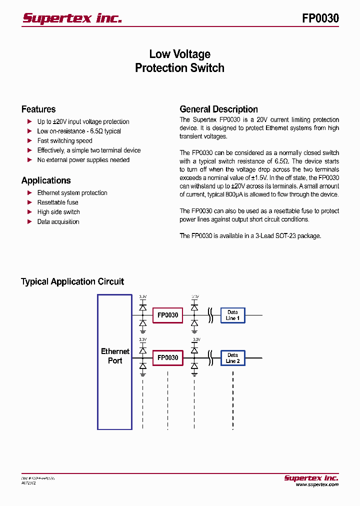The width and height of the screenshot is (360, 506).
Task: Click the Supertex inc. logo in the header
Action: coord(72,18)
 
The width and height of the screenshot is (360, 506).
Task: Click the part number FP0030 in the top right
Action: coord(320,18)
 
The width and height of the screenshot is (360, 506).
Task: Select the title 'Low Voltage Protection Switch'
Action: coord(179,61)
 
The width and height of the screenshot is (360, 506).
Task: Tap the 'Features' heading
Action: coord(38,109)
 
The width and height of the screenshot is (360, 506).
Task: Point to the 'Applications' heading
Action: coord(46,180)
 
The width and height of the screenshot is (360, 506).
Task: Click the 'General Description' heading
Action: coord(218,109)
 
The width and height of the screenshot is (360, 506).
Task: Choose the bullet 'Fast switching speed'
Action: coord(64,141)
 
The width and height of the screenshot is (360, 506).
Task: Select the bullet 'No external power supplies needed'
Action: coord(83,160)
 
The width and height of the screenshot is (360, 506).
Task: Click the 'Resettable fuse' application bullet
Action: coord(57,202)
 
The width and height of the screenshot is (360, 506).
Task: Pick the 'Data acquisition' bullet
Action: coord(58,222)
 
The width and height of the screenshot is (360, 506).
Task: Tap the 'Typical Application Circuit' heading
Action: coord(72,282)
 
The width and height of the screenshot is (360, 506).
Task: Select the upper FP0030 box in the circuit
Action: coord(167,315)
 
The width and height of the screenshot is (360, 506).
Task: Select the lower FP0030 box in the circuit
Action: coord(167,358)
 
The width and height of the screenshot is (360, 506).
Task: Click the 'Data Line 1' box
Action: coord(232,315)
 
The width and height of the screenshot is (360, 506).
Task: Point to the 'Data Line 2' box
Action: coord(232,358)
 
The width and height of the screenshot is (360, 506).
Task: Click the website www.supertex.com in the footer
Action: coord(316,484)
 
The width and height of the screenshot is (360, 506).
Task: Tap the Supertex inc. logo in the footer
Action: coord(311,477)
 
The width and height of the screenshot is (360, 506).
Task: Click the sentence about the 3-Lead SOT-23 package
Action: coord(250,236)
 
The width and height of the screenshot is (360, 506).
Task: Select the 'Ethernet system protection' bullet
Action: coord(72,193)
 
